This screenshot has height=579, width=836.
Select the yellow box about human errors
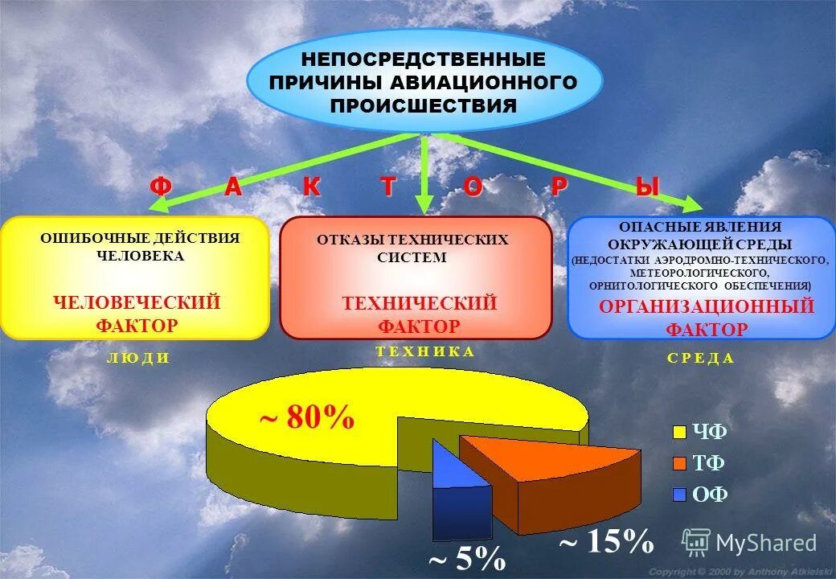tap(134, 277)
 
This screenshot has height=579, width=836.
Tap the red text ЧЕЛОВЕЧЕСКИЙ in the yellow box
tap(137, 302)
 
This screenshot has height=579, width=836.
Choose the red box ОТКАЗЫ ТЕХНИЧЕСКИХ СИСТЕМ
tap(416, 277)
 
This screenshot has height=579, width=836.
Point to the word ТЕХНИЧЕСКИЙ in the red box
tap(420, 303)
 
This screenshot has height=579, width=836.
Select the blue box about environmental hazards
tap(701, 277)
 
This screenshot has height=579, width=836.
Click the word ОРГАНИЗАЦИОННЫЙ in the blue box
tap(707, 306)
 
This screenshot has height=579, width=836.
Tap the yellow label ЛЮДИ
tap(137, 359)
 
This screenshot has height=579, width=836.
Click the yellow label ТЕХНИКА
tap(424, 351)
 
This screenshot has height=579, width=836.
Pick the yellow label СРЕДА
tap(700, 359)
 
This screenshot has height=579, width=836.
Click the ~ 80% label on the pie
tap(306, 418)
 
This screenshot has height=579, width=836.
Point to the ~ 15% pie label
tap(606, 542)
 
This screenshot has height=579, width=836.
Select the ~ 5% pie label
tap(466, 557)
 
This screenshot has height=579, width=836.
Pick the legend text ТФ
tap(710, 463)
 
